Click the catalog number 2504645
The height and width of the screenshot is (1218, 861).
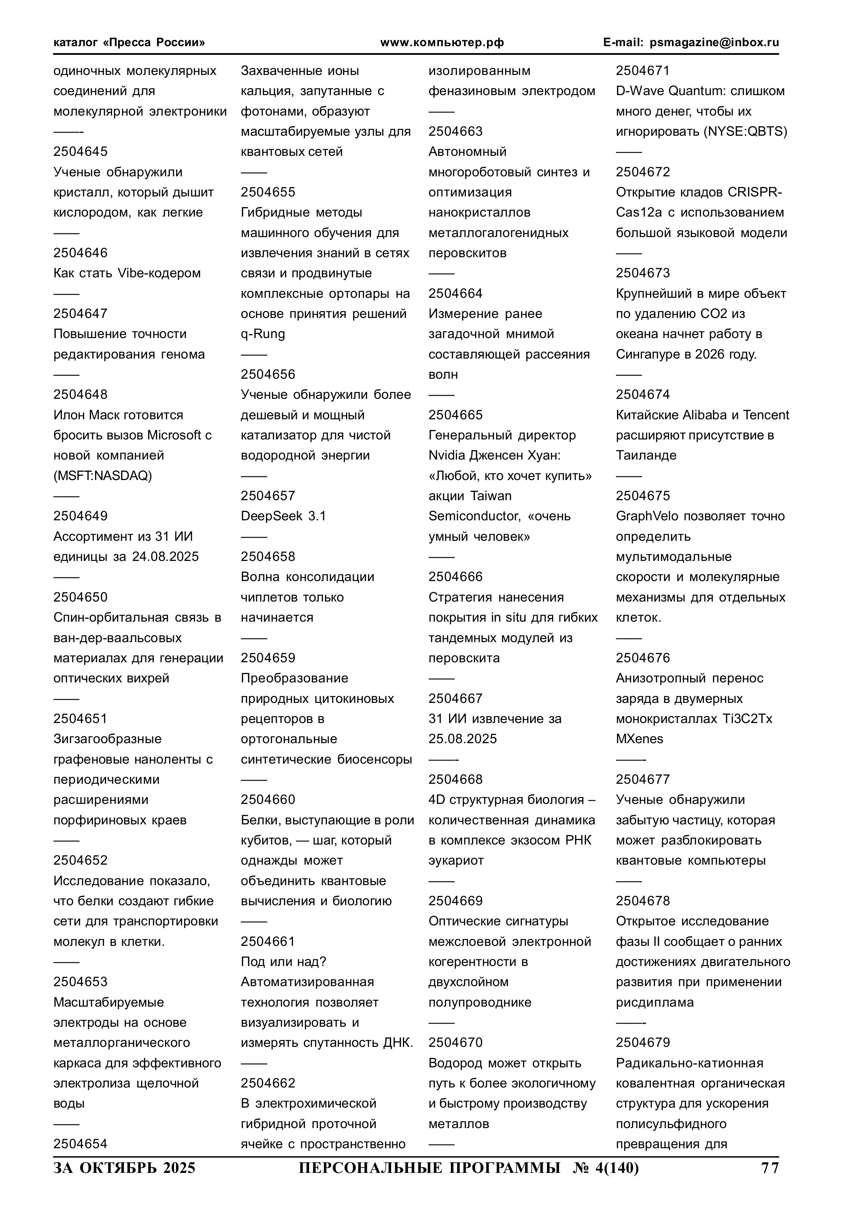pyautogui.click(x=80, y=152)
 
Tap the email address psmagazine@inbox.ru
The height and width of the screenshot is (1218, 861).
pyautogui.click(x=714, y=42)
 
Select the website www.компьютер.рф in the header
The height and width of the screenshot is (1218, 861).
pyautogui.click(x=442, y=42)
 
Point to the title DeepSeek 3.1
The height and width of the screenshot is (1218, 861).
pyautogui.click(x=283, y=516)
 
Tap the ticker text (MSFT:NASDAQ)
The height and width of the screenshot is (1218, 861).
pyautogui.click(x=102, y=476)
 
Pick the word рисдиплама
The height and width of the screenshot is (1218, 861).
pyautogui.click(x=654, y=1002)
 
